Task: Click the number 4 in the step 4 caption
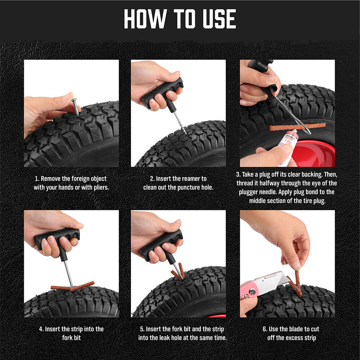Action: pyautogui.click(x=41, y=329)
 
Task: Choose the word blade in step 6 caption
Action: pyautogui.click(x=293, y=329)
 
